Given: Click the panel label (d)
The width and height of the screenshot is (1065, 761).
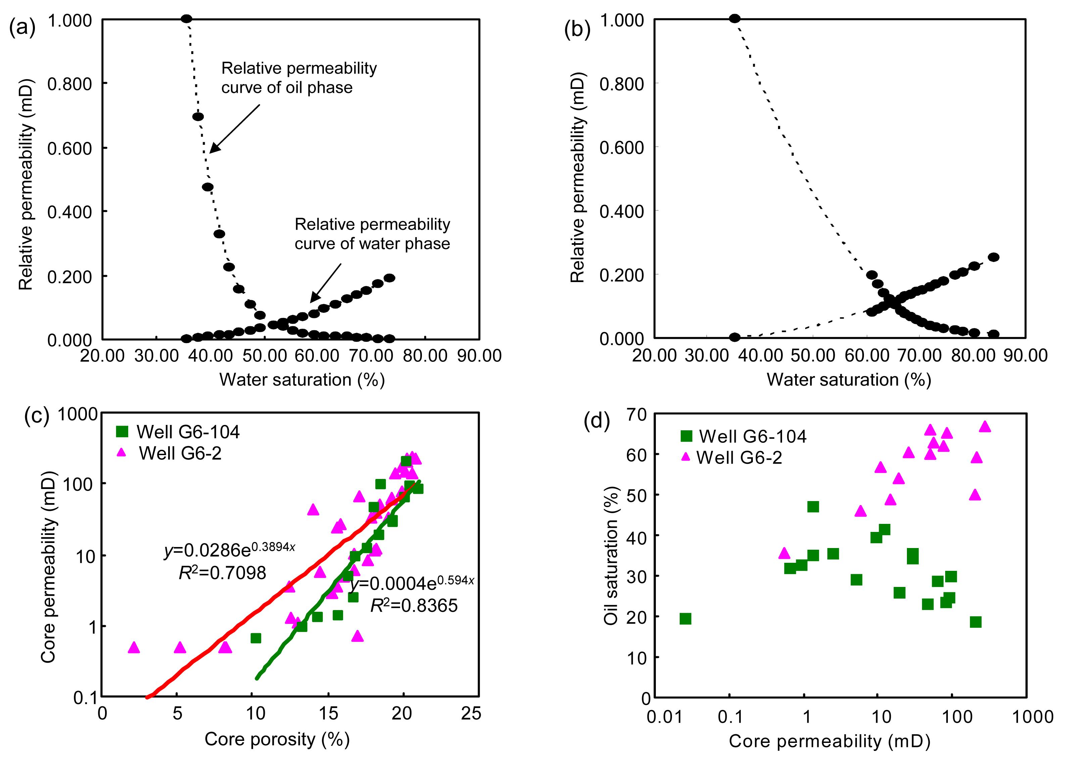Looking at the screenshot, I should point(596,421).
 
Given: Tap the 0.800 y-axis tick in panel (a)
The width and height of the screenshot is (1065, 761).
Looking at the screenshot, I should point(69,84).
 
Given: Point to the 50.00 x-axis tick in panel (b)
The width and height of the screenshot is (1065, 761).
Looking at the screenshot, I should point(812,355).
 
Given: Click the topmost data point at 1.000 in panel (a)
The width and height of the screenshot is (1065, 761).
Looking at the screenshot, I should point(186,19).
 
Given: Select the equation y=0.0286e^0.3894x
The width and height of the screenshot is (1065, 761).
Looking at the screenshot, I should point(229,550).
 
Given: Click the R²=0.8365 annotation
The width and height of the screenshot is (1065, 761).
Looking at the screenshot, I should point(414,606).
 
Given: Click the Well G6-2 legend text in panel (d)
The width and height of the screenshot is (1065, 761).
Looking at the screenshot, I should point(739,457).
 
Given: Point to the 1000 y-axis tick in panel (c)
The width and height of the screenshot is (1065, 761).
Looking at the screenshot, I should point(78,414).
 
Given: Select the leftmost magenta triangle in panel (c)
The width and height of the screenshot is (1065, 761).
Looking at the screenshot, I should point(134,647).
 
